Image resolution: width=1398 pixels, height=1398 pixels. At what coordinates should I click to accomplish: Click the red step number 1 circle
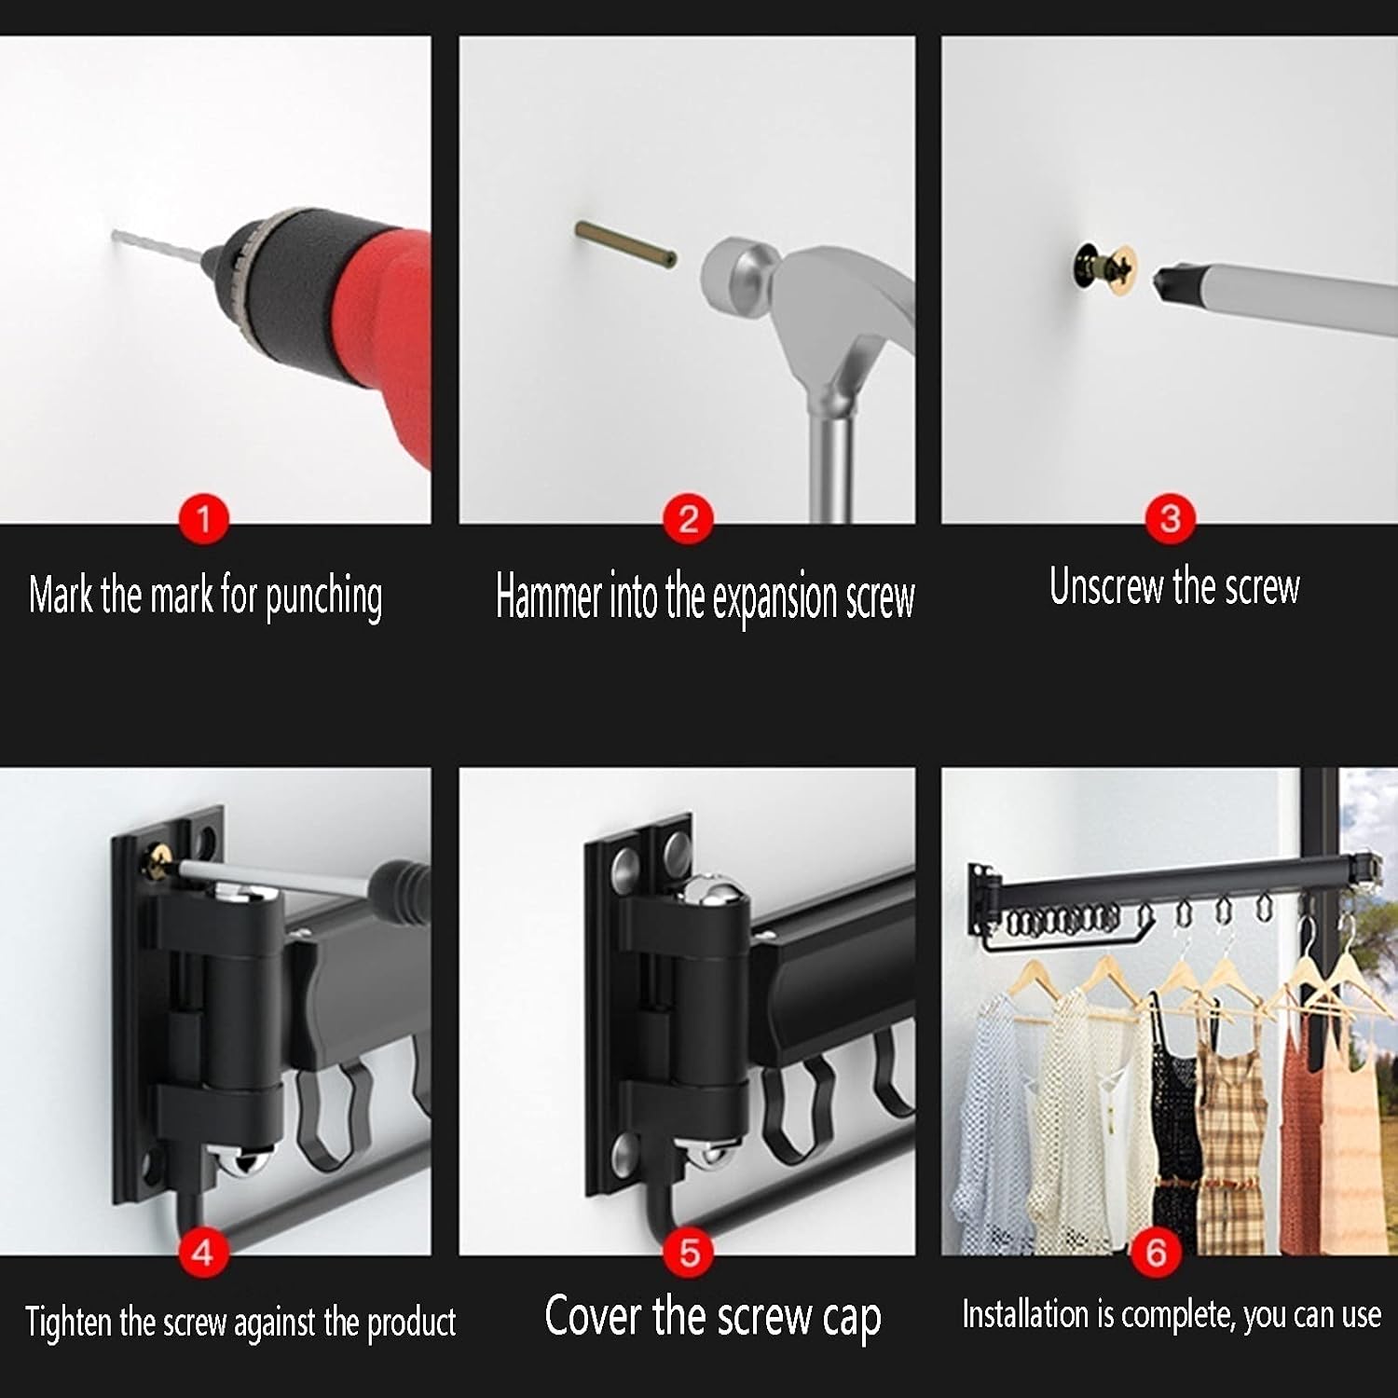click(203, 518)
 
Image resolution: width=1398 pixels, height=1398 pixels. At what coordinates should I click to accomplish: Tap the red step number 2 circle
click(688, 518)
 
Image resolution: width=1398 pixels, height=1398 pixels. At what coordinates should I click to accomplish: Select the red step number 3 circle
click(1171, 518)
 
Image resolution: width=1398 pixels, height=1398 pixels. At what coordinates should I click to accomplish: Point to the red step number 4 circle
click(202, 1252)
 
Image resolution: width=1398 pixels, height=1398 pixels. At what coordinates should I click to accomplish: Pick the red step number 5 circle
click(689, 1252)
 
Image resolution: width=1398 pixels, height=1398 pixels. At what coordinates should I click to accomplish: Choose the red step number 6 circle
click(1156, 1252)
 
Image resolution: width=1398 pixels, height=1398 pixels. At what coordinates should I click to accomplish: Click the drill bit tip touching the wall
click(115, 235)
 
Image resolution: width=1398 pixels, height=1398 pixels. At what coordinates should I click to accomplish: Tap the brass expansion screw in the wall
click(624, 245)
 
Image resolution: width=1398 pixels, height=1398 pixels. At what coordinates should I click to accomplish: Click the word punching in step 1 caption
click(323, 597)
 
